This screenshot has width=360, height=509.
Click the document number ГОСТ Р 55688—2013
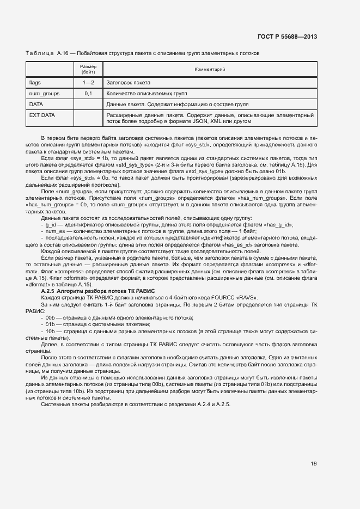(287, 37)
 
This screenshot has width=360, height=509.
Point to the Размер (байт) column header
(88, 69)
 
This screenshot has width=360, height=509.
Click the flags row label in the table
(35, 83)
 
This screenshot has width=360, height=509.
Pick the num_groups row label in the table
(44, 94)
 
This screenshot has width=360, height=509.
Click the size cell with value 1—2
(88, 83)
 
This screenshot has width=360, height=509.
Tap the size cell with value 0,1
(88, 94)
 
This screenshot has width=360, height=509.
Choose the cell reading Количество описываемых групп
(143, 94)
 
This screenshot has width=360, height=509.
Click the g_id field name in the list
(50, 224)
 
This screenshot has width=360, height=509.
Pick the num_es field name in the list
(54, 231)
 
